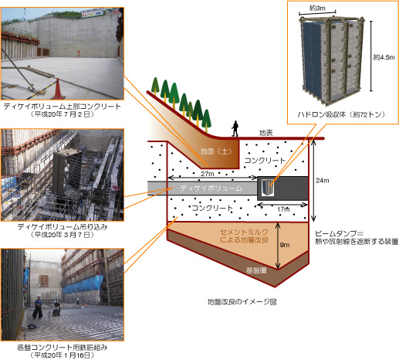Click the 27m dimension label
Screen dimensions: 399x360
[208, 174]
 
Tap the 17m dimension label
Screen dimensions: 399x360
[283, 209]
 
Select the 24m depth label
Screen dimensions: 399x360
[323, 181]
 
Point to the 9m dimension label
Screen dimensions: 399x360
[285, 245]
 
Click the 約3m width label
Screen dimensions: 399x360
[317, 8]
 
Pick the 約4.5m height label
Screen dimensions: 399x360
[384, 57]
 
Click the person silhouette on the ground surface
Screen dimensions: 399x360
[235, 128]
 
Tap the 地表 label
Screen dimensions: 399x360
[265, 133]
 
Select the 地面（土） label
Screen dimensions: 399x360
[216, 151]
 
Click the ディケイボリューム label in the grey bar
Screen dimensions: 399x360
[211, 188]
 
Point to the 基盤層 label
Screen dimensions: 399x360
[256, 270]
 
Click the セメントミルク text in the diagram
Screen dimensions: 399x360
[244, 232]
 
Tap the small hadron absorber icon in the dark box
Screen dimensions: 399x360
[268, 188]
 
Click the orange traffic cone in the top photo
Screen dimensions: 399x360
[58, 89]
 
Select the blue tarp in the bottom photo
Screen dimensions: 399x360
[83, 285]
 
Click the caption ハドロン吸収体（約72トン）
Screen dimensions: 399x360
[341, 114]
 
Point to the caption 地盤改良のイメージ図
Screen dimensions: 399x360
[242, 301]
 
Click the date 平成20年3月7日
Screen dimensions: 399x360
[62, 235]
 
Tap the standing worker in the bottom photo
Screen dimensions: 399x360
[38, 307]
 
